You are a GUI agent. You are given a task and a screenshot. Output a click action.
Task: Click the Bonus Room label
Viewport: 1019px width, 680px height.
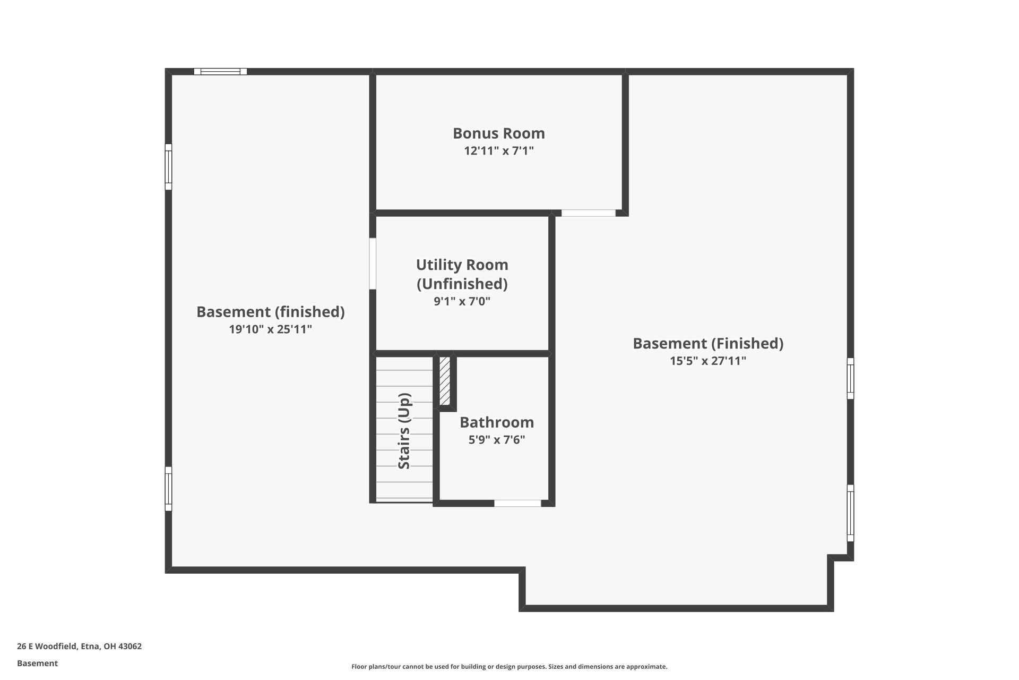pos(498,133)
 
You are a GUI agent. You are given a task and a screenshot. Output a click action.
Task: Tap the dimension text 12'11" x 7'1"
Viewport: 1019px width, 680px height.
pos(498,151)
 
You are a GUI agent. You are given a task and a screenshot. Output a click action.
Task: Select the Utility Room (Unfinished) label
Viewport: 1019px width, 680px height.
pos(462,274)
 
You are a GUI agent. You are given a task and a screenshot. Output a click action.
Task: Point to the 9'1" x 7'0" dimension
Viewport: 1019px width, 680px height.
pos(462,302)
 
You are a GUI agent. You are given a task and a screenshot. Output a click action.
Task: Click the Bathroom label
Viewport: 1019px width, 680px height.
pos(496,422)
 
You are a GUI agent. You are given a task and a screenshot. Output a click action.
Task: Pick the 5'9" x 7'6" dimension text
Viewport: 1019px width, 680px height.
pos(496,440)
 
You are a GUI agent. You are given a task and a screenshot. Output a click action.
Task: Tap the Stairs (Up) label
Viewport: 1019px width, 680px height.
pos(404,431)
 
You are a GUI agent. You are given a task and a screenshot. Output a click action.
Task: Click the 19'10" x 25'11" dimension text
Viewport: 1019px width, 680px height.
pos(270,329)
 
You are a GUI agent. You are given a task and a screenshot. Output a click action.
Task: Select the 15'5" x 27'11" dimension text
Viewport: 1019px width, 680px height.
pos(707,361)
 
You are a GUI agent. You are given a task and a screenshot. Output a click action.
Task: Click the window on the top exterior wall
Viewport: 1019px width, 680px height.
pos(220,71)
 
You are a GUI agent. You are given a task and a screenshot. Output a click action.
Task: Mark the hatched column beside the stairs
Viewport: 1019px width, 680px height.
pos(445,381)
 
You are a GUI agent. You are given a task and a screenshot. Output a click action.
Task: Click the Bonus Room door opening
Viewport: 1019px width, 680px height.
pos(588,213)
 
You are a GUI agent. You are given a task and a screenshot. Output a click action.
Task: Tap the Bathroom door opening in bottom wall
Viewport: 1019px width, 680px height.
pos(517,503)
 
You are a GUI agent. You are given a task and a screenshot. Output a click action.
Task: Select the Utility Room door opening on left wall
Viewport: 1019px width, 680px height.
pos(373,263)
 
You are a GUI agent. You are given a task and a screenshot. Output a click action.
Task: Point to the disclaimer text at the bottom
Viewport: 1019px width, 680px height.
pos(509,667)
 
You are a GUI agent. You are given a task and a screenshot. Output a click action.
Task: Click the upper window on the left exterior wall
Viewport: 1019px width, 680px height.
pos(168,166)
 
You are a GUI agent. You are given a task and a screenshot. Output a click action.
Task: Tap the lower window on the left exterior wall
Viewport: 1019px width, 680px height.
pos(168,489)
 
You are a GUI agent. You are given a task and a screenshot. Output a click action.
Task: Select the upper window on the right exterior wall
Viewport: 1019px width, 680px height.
pos(850,378)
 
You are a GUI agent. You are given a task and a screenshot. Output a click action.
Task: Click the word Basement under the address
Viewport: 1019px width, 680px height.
pos(37,663)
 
